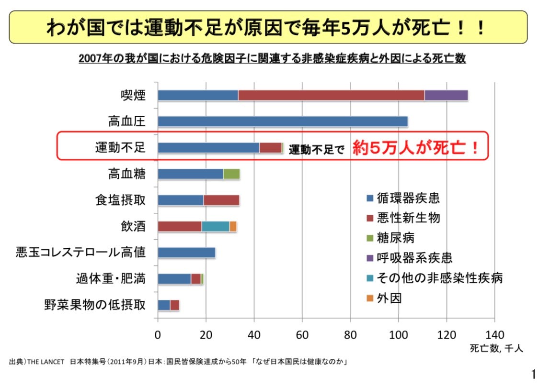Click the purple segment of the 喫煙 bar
[x=446, y=95]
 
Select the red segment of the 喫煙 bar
[x=331, y=95]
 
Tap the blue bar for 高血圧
[x=283, y=121]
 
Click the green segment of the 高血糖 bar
[x=231, y=174]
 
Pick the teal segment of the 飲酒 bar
[x=216, y=226]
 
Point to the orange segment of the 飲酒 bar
[x=233, y=226]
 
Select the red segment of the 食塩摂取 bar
[x=221, y=200]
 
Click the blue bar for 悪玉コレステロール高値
[x=186, y=253]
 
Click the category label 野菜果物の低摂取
[x=95, y=305]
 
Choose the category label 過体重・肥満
[x=111, y=278]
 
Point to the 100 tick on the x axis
[x=399, y=334]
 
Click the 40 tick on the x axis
[x=254, y=334]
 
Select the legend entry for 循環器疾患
[x=402, y=197]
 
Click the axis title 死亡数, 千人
[x=496, y=349]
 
